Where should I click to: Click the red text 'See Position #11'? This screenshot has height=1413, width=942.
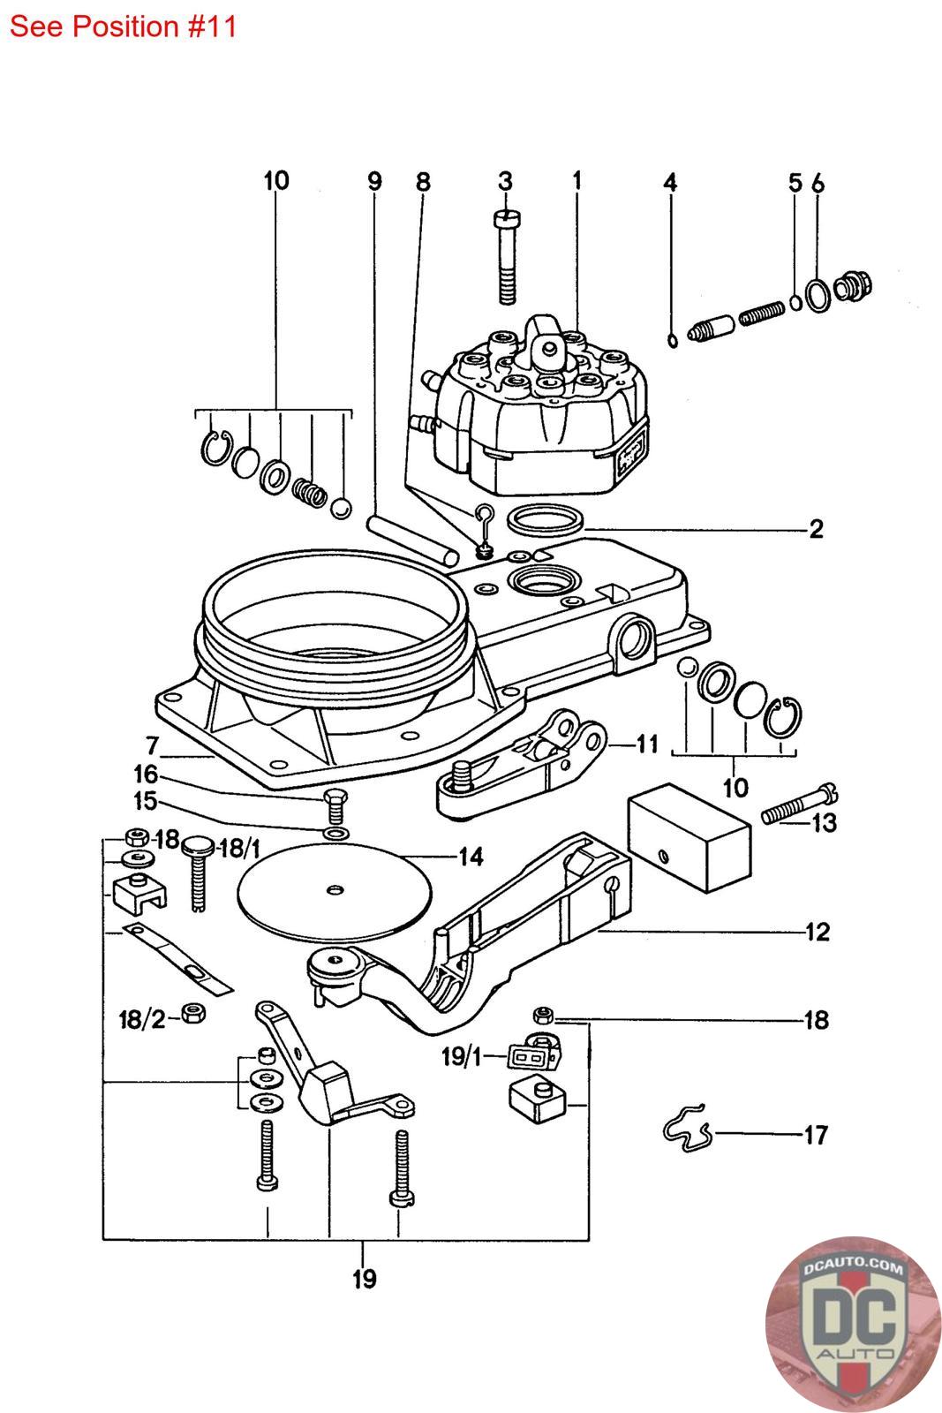[123, 26]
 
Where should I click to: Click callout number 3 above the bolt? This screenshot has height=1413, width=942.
[505, 181]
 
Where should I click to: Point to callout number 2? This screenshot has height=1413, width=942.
[816, 528]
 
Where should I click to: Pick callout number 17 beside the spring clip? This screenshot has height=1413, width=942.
[816, 1135]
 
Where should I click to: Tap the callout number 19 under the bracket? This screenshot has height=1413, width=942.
[364, 1279]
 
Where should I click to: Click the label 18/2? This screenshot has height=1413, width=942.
[142, 1019]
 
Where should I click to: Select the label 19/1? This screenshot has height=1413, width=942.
[462, 1056]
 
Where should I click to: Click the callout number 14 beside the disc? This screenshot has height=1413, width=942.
[471, 857]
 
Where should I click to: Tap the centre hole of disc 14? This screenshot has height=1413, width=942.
[335, 889]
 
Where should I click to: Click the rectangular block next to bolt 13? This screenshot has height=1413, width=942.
[689, 836]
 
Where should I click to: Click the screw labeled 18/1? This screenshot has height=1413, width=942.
[196, 873]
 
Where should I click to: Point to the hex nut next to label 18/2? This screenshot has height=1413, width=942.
[193, 1013]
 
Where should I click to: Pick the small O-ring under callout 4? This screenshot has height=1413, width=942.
[673, 341]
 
